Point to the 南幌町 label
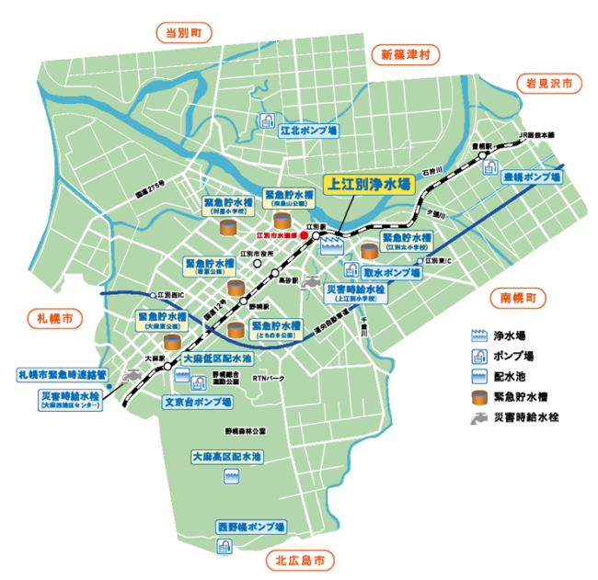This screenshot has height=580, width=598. pos(517,299)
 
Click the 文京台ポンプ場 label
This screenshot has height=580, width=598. pos(198,402)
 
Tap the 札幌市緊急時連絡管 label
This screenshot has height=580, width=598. pos(63,375)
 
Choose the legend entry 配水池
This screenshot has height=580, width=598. pos(510,376)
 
